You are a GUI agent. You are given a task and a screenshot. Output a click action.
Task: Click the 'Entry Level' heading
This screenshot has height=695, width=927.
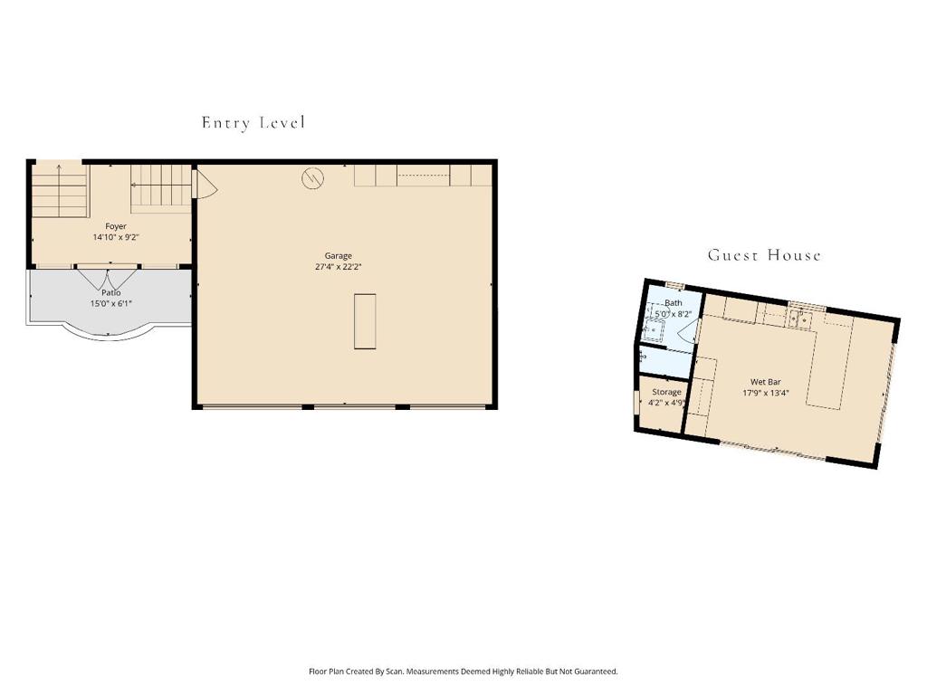click(253, 123)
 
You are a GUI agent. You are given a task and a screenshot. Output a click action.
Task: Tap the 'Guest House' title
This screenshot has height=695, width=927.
click(764, 255)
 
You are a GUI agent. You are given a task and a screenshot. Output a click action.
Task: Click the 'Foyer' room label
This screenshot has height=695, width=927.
click(116, 226)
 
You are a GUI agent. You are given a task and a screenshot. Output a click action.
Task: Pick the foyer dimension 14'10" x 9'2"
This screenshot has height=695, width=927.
click(116, 237)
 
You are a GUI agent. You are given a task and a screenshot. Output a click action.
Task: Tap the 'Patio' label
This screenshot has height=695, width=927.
click(111, 293)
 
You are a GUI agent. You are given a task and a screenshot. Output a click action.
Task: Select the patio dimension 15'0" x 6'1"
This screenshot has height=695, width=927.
click(111, 304)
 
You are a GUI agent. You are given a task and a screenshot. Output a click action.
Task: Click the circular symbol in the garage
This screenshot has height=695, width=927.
click(312, 178)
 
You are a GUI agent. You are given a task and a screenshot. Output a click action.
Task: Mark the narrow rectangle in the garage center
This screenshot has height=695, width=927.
click(365, 320)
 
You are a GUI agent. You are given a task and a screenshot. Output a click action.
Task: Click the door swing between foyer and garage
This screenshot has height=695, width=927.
click(205, 187)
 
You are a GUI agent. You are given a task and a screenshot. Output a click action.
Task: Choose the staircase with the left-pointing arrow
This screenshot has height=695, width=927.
click(161, 187)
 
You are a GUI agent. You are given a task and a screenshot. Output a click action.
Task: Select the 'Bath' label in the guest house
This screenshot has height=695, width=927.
click(674, 303)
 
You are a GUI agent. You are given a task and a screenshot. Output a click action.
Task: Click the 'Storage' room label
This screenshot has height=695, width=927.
click(666, 392)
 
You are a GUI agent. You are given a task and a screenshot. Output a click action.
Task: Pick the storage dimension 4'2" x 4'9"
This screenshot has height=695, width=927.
click(667, 403)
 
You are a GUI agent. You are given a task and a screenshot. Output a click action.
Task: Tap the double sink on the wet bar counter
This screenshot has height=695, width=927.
click(798, 319)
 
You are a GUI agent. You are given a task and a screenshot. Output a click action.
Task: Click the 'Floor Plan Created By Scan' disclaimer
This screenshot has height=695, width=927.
click(463, 671)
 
